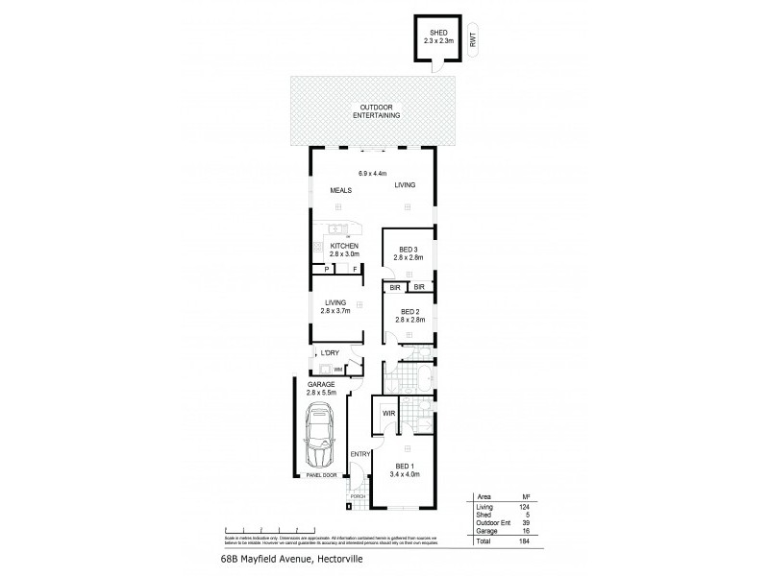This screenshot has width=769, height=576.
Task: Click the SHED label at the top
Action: pos(436,35)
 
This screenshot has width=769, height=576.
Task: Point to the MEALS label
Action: pos(341,191)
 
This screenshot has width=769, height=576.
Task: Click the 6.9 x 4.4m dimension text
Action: pos(372,173)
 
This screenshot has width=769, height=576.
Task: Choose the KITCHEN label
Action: pos(344,247)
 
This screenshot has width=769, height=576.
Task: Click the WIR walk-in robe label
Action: pos(388,414)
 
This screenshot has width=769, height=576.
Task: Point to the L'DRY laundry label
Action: pos(330,353)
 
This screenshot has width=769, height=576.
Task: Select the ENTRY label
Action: pos(360,454)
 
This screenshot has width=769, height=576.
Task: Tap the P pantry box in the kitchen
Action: pos(326,269)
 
